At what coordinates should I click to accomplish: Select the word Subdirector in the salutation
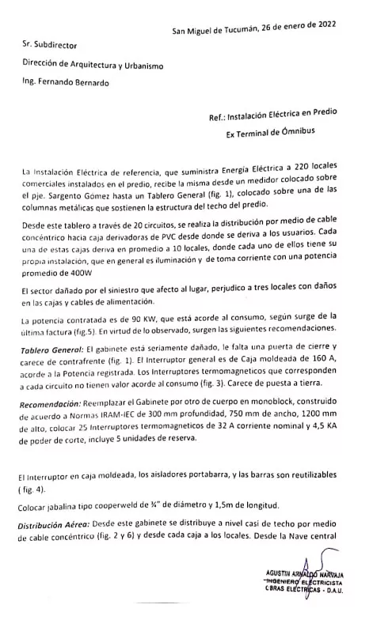click(x=57, y=48)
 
